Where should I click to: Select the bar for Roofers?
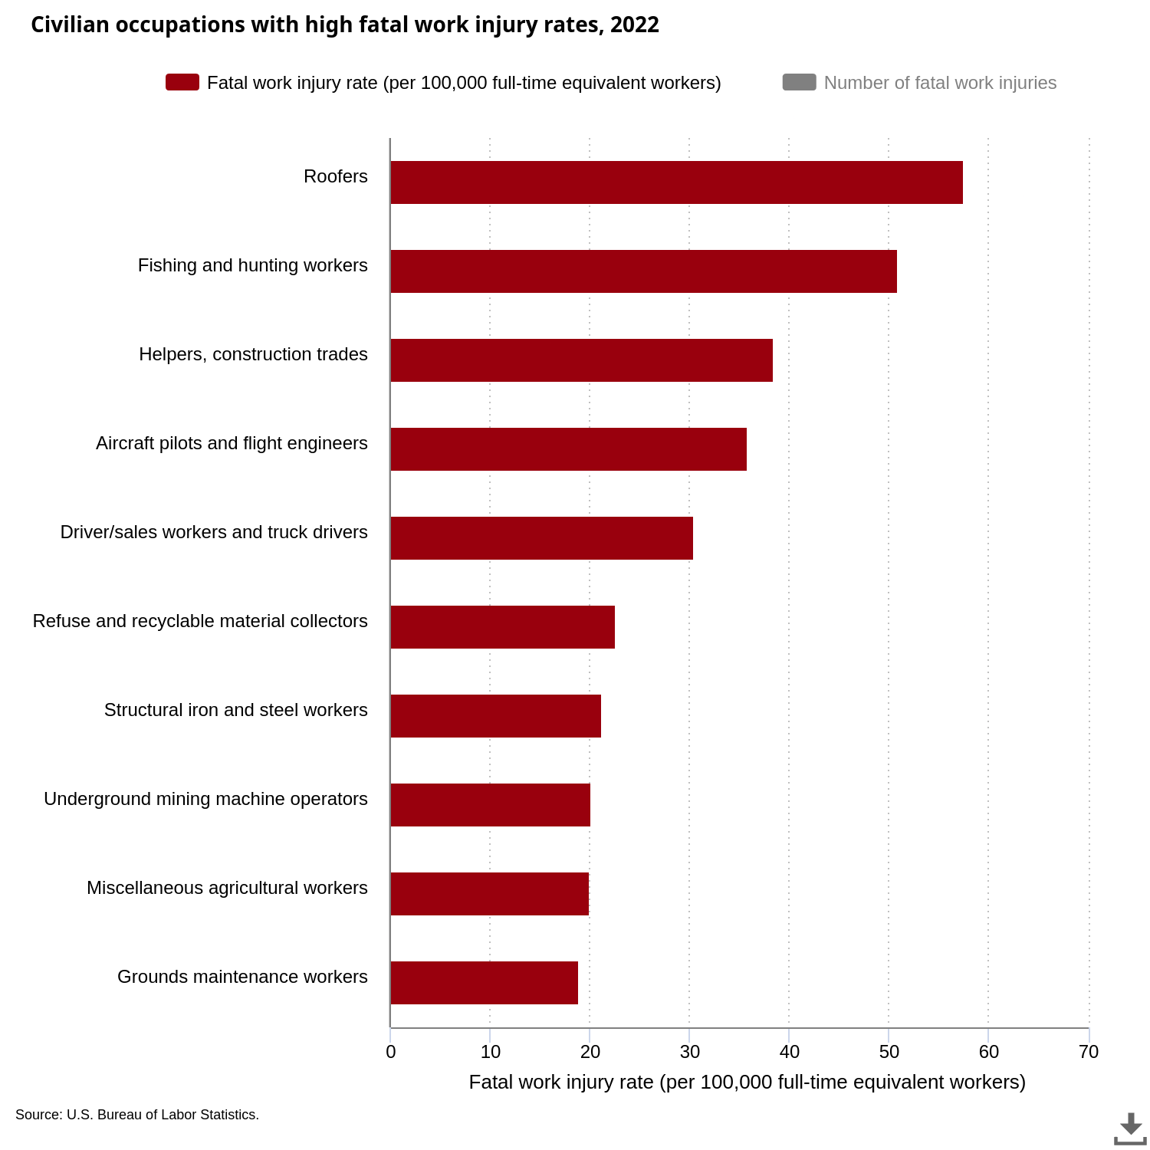point(676,182)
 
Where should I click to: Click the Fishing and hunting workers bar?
point(643,271)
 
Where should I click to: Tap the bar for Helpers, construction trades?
point(581,360)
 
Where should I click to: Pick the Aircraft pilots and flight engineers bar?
point(568,449)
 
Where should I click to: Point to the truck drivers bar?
point(541,538)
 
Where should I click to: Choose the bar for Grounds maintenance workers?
point(484,983)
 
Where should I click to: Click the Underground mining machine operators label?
point(205,799)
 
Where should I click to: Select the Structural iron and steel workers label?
point(235,710)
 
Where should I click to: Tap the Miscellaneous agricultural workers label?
point(227,888)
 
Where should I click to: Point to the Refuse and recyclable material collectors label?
point(200,621)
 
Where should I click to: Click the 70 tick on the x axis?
point(1089,1052)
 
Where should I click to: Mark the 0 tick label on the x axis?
point(391,1052)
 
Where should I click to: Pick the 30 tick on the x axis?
point(690,1052)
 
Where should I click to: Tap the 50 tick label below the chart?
point(889,1052)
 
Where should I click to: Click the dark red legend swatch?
point(182,82)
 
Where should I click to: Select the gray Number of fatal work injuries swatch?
point(799,82)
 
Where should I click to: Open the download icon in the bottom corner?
point(1130,1129)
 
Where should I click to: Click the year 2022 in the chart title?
point(635,25)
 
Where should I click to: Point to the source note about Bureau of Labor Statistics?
point(137,1115)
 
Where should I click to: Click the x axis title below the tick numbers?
point(747,1082)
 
